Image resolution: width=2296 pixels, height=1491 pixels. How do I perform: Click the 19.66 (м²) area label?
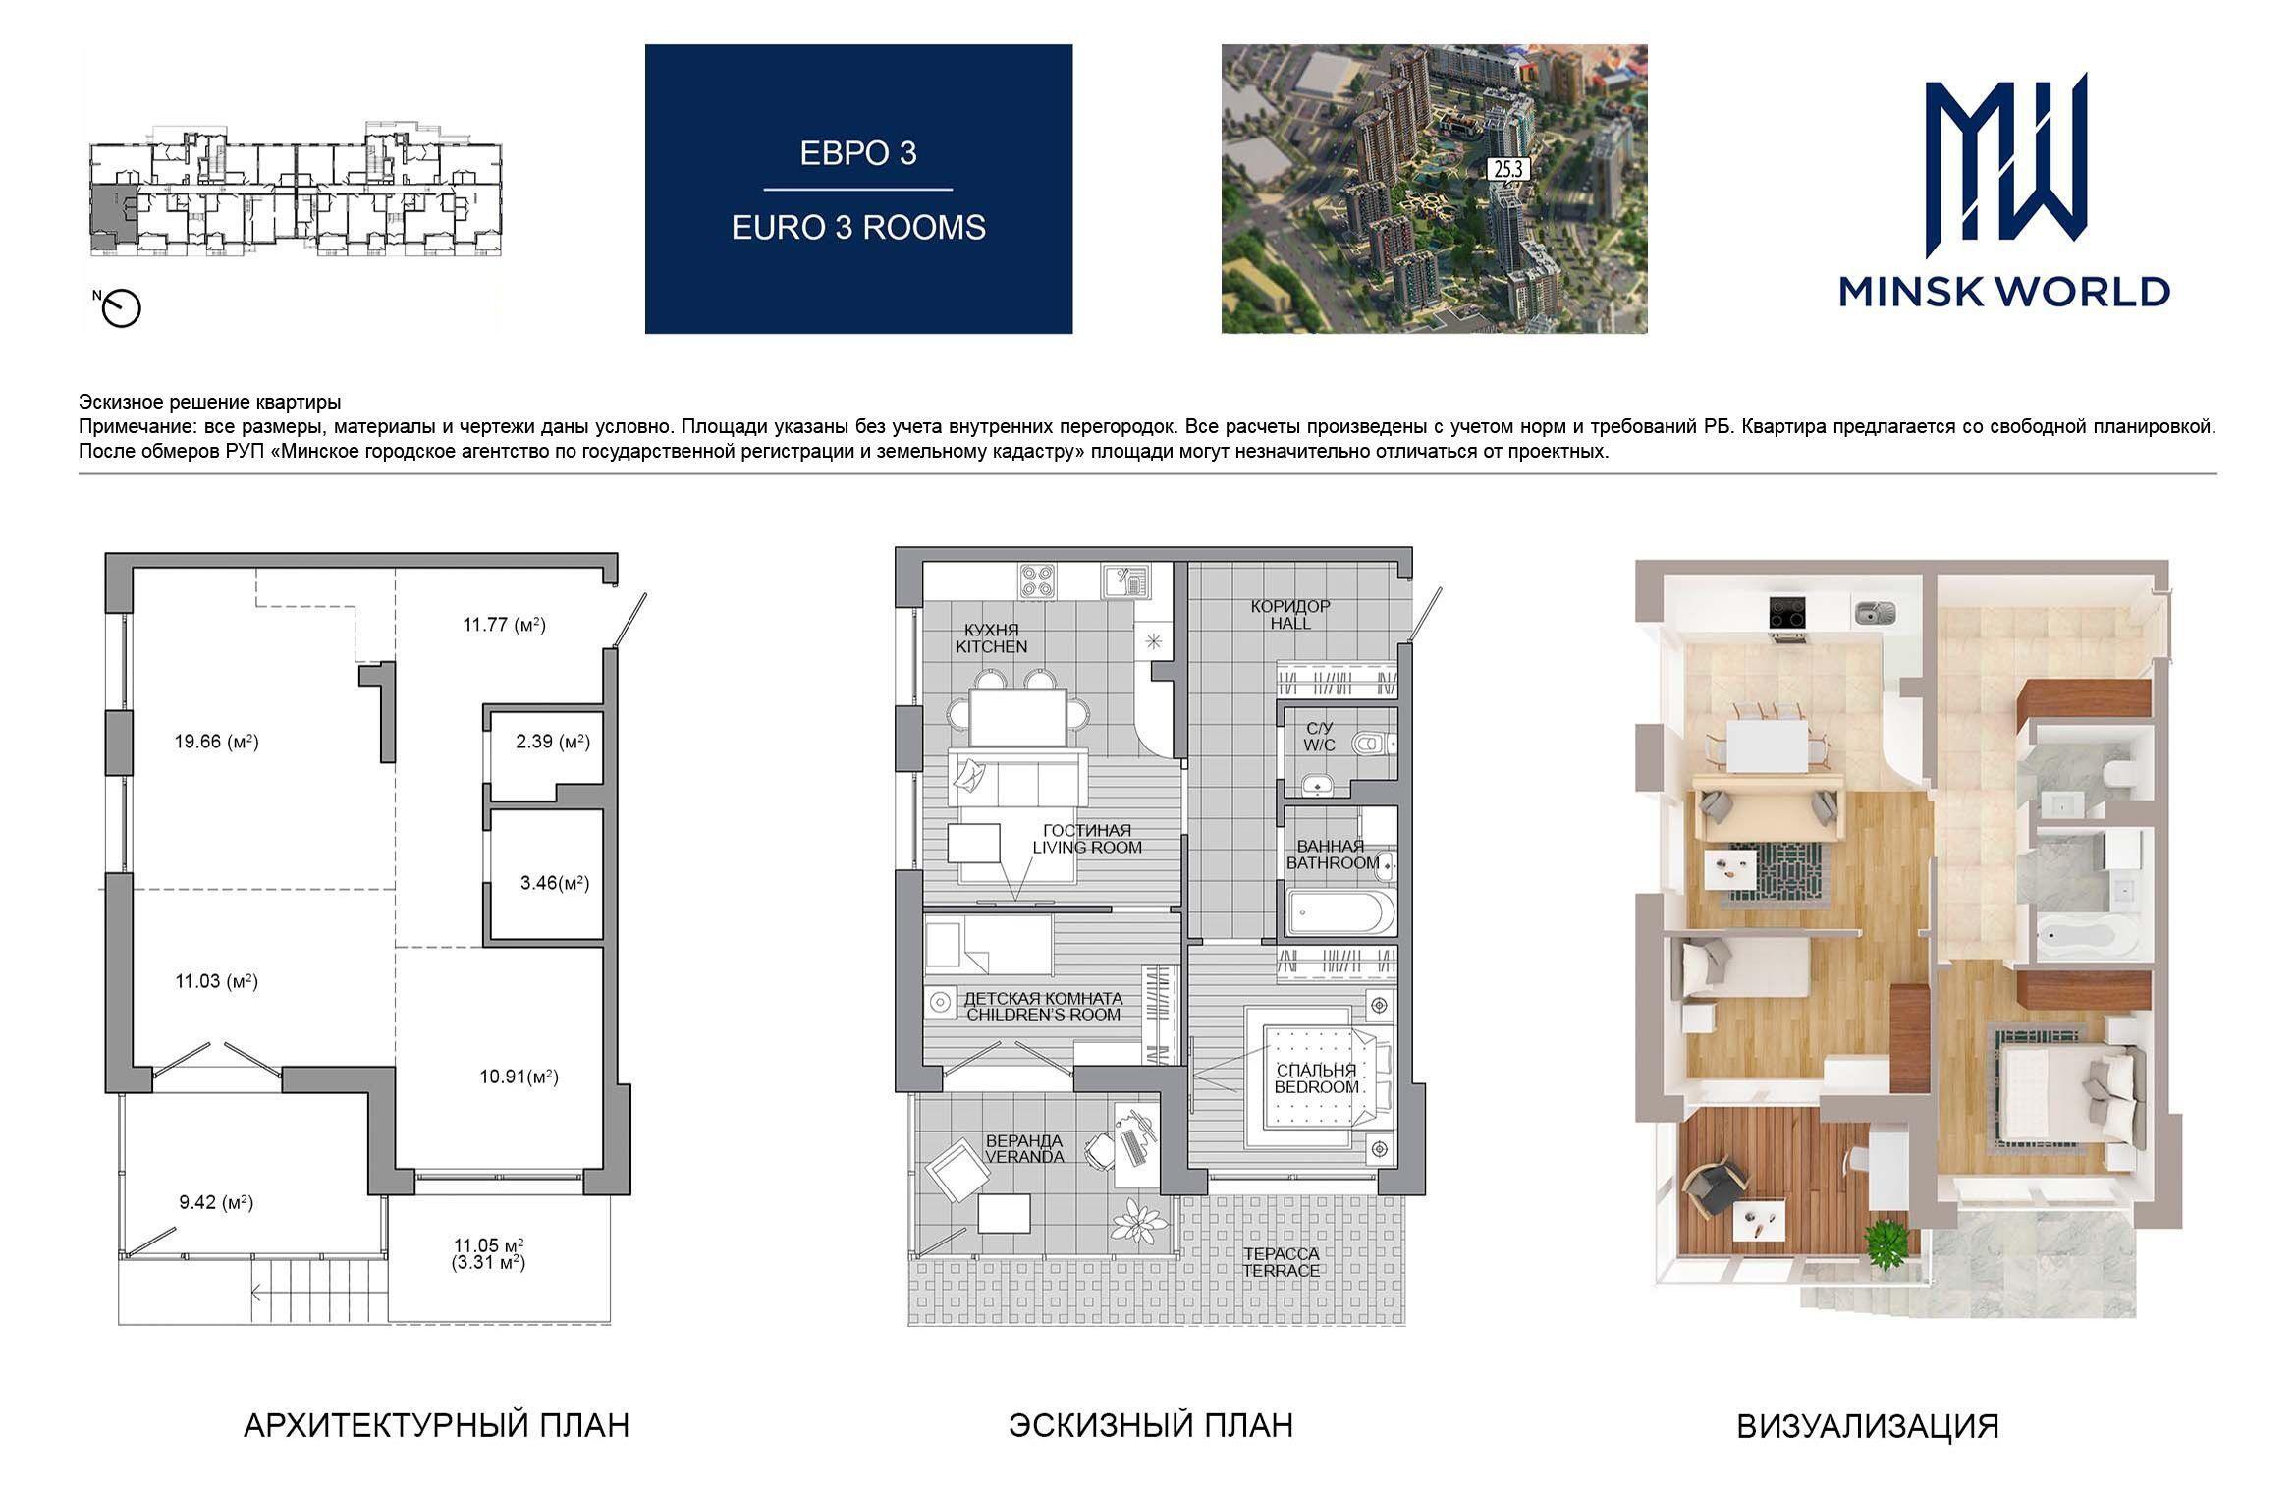[216, 742]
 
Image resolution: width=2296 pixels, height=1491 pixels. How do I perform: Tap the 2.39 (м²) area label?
[553, 742]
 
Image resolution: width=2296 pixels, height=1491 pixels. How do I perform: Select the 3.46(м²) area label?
[555, 883]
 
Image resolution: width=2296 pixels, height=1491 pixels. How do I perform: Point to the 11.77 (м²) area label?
[504, 624]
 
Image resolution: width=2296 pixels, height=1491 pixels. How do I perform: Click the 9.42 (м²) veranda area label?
[216, 1202]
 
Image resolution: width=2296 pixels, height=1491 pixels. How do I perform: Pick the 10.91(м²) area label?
[519, 1077]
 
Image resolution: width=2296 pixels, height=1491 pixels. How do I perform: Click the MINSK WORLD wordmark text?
[2004, 292]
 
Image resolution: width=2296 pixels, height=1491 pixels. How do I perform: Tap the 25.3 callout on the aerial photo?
[1507, 169]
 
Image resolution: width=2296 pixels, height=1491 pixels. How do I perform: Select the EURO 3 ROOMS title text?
[858, 227]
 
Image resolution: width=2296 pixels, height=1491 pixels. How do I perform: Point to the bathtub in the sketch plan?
[1340, 913]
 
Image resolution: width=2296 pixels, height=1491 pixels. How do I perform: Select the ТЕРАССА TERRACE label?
[1281, 1262]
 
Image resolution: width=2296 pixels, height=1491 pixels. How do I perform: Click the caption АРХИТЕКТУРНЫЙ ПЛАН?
[436, 1425]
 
